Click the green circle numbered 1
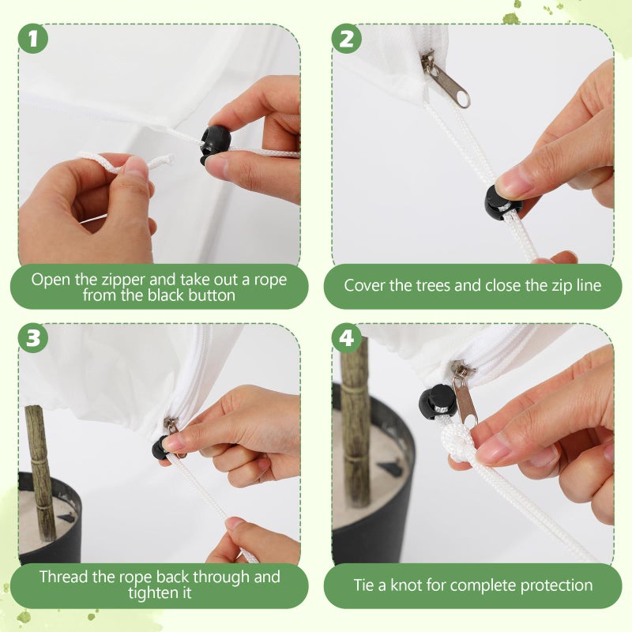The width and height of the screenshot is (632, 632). point(33,39)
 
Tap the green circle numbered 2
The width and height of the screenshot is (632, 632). point(347,39)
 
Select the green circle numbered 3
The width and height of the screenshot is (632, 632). point(33,338)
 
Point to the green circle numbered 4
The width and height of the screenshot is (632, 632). point(347,338)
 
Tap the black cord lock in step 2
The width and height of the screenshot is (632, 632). point(502,201)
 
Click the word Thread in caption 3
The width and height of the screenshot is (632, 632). point(64,577)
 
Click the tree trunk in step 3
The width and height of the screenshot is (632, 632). point(40,472)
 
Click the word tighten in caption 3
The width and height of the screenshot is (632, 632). point(153,594)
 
